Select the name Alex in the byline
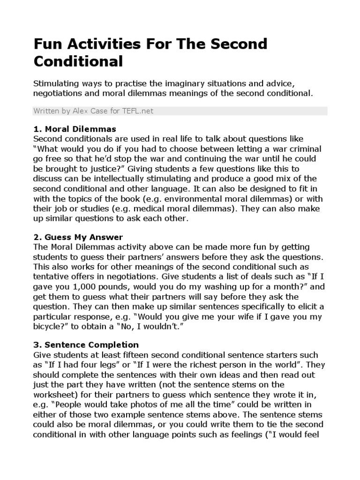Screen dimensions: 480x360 coord(82,111)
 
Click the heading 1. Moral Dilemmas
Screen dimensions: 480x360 coord(75,129)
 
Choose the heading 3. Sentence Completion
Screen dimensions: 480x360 coord(86,345)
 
